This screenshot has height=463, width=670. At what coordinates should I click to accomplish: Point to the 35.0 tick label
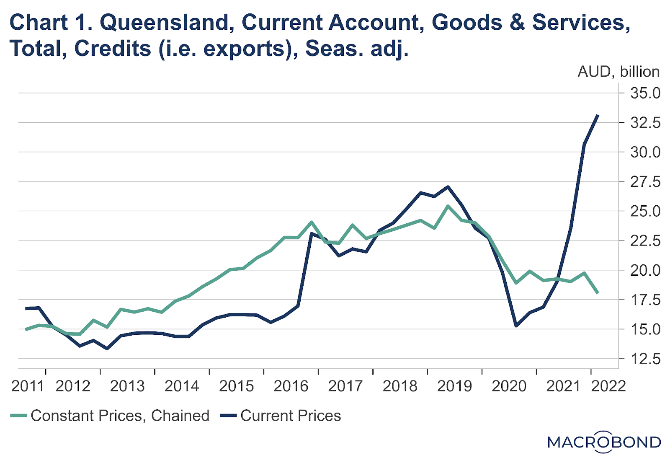click(645, 93)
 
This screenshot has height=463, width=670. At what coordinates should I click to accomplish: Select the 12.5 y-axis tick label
click(645, 359)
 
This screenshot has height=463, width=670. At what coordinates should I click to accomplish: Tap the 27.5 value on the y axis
click(645, 182)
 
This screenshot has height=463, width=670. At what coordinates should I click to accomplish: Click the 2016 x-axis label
click(291, 386)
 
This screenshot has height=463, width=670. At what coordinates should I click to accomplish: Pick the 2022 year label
click(608, 386)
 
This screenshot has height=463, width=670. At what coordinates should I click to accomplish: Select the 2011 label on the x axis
click(28, 386)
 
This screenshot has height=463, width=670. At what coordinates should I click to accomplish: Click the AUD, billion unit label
click(618, 72)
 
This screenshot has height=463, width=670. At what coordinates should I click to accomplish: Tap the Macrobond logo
click(604, 442)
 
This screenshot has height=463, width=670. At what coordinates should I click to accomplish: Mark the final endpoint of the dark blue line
click(598, 115)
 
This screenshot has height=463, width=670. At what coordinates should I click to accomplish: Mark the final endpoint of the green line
click(598, 292)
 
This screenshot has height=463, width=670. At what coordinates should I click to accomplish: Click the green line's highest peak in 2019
click(448, 206)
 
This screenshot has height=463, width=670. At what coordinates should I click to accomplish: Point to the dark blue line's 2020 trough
click(516, 326)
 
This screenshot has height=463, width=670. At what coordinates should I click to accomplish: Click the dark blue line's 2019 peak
click(448, 187)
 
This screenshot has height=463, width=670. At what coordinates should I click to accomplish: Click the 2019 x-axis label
click(454, 386)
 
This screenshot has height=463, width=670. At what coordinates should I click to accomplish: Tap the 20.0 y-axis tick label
click(645, 270)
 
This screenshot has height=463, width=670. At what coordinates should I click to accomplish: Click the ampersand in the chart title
click(518, 22)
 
